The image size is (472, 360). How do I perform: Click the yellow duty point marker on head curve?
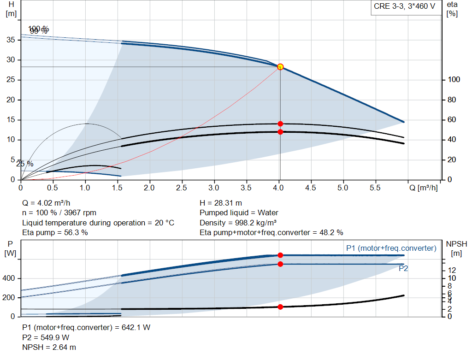click(280, 67)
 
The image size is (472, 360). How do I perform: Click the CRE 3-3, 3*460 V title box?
click(404, 7)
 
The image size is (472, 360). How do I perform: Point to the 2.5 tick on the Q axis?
click(182, 188)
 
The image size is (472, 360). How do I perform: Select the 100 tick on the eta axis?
click(454, 80)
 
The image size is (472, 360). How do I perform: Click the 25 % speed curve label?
click(25, 164)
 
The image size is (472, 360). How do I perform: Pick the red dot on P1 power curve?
click(280, 255)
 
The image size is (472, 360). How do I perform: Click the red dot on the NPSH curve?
click(280, 307)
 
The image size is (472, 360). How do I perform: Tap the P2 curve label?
click(403, 268)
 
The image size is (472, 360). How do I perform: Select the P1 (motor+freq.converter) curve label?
click(391, 248)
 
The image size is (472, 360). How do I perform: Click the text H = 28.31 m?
click(221, 203)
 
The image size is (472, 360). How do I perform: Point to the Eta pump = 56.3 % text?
click(55, 232)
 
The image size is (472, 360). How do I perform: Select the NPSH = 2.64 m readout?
click(49, 347)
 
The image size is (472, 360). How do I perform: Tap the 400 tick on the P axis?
click(10, 278)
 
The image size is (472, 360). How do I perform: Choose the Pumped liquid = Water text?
click(239, 212)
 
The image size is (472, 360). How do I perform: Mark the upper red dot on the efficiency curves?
click(280, 124)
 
